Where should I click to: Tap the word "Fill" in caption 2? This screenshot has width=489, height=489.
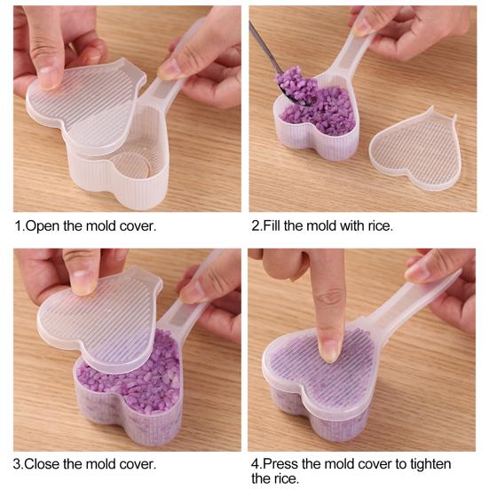pyautogui.click(x=272, y=225)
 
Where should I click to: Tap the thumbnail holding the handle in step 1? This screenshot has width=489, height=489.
pyautogui.click(x=166, y=69)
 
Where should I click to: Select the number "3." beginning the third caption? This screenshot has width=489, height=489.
pyautogui.click(x=18, y=464)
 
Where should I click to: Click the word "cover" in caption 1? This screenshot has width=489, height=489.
pyautogui.click(x=138, y=226)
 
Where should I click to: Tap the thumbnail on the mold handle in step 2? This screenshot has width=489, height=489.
pyautogui.click(x=362, y=29)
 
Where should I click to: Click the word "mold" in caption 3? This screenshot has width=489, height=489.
pyautogui.click(x=100, y=464)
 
